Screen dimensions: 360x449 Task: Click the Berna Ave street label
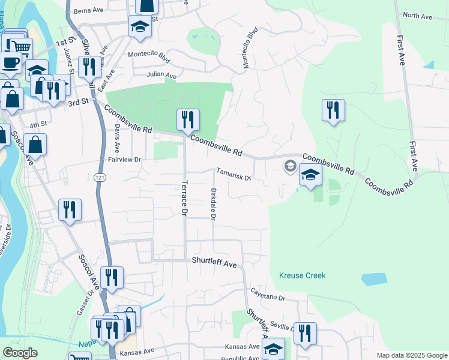tap(89, 11)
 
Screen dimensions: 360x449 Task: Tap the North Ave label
tap(417, 16)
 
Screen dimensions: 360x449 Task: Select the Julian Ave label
tap(161, 76)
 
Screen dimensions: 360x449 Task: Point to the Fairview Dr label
tap(124, 160)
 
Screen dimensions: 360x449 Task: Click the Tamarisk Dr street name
tap(233, 173)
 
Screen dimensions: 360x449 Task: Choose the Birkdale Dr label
tap(213, 200)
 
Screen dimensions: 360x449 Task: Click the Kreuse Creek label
tap(302, 275)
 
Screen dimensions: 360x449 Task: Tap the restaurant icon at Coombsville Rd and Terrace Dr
tap(188, 119)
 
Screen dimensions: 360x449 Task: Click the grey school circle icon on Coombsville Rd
tap(291, 166)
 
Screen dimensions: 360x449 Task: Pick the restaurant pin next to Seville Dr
tap(305, 334)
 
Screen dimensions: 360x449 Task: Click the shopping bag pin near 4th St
tap(35, 145)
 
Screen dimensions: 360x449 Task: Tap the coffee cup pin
tap(10, 62)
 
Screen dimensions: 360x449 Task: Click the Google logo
tap(20, 353)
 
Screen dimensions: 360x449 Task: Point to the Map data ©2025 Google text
tap(411, 355)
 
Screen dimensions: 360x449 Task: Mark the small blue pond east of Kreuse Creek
tap(375, 278)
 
